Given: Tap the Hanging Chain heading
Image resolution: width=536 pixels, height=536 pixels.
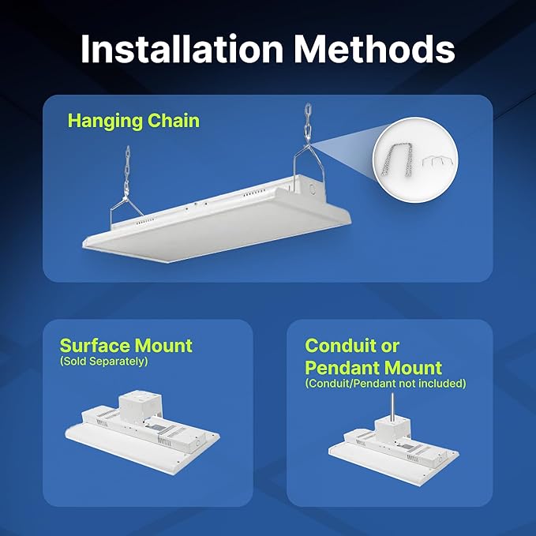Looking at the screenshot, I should tap(133, 121).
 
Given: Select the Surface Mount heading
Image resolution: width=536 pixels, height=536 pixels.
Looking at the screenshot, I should tap(126, 346).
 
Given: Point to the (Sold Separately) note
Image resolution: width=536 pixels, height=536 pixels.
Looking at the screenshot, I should tap(103, 362).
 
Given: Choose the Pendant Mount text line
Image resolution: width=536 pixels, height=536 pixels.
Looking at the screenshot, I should tap(373, 368).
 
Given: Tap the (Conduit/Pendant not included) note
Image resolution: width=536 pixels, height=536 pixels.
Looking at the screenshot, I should tap(385, 384).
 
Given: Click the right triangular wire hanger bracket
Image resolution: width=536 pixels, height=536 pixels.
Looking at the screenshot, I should tap(305, 169).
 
